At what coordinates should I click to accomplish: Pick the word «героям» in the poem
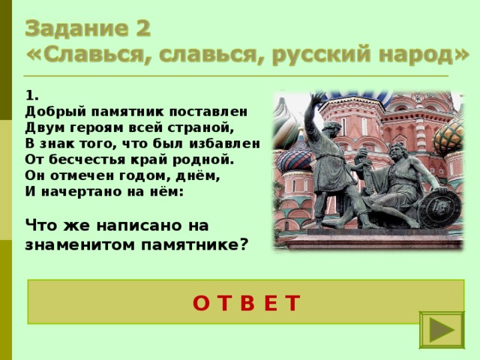(89, 126)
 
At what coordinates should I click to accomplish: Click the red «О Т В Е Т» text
(246, 302)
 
